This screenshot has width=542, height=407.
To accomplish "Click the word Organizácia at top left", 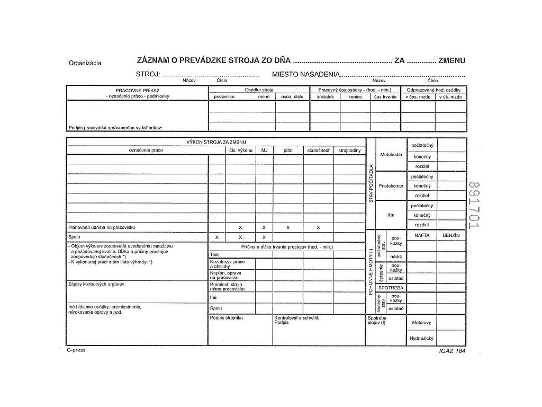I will coord(85,63).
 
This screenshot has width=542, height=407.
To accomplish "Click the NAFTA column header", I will coord(422,234).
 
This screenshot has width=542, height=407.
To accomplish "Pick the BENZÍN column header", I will coord(451,234).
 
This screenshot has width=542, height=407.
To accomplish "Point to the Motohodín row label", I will coord(391,154).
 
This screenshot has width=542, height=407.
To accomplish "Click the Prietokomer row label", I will coord(391,186).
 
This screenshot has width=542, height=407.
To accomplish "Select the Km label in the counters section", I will coord(391,215).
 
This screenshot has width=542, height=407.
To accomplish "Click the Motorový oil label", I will coord(421,322).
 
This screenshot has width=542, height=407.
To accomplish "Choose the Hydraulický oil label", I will coord(421,338).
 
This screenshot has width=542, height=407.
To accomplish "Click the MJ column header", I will coord(264,151).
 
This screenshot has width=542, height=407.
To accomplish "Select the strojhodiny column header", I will coord(349,151).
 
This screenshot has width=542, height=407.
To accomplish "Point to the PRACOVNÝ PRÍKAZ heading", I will coord(137,91).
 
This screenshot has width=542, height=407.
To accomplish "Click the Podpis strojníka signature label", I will coord(226,318).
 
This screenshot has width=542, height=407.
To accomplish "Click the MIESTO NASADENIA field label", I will coord(305,75).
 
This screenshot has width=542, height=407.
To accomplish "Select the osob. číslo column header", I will coord(292,96).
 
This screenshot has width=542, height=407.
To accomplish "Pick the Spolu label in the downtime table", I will coord(215,307).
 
